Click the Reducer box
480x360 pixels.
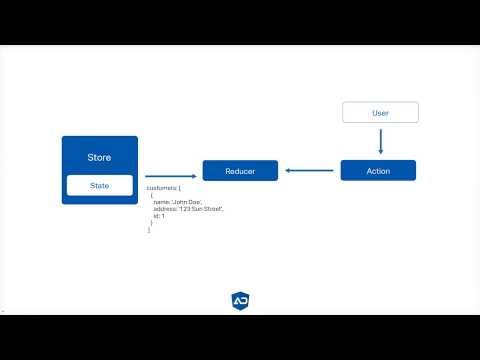(x=240, y=171)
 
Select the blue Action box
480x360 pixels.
(x=378, y=171)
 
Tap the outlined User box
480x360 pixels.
(x=380, y=113)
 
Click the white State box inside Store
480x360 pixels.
(x=99, y=185)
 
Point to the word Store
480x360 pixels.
(x=99, y=157)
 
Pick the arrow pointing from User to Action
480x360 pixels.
(x=380, y=140)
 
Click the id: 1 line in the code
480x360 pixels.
(x=158, y=216)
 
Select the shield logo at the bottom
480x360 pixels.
(x=240, y=300)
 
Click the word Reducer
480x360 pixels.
(x=240, y=171)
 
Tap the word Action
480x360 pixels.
(x=378, y=171)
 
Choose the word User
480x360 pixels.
(x=380, y=113)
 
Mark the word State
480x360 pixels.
(x=99, y=185)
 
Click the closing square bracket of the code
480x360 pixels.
(x=148, y=230)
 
